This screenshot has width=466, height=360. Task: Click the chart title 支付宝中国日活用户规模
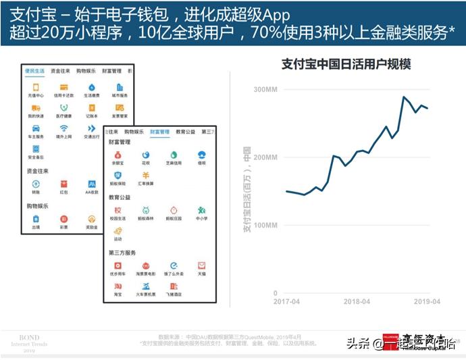coord(346,64)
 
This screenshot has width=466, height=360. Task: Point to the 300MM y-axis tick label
coord(265,90)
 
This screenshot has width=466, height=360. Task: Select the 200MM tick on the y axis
coord(265,157)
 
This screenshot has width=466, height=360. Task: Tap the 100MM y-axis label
coord(265,225)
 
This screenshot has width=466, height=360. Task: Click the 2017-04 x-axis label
coord(286,301)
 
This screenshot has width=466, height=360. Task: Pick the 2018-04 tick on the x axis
coord(357,301)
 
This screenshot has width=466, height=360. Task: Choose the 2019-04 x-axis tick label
coord(427,301)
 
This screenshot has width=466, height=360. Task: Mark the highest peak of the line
coord(404,97)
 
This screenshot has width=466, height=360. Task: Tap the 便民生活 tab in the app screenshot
coord(34,71)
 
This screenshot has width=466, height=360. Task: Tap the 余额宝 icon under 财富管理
coord(118,156)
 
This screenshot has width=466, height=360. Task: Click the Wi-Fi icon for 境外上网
coord(63,128)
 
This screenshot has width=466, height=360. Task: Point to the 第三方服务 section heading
coord(122,253)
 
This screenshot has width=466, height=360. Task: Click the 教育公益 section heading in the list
coord(120,197)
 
